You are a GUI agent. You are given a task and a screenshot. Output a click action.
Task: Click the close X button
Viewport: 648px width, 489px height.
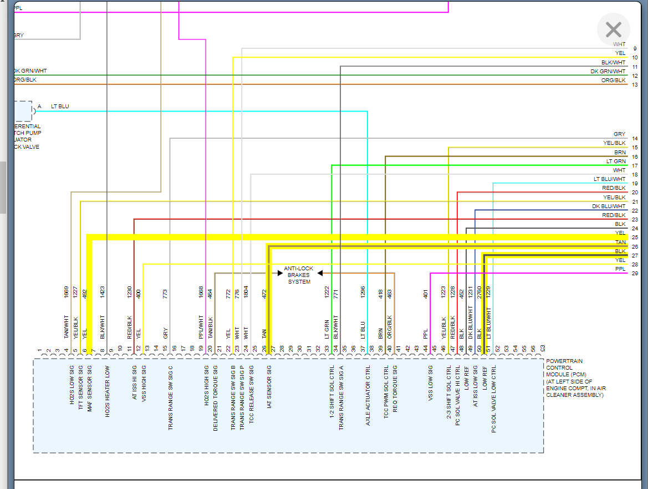coord(613,29)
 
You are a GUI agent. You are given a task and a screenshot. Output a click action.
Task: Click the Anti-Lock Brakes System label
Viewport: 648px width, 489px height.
coord(299,275)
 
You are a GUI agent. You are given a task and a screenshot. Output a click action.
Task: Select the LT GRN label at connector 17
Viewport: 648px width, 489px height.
coord(616,161)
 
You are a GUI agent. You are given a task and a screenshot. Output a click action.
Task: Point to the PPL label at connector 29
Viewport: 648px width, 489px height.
coord(620,269)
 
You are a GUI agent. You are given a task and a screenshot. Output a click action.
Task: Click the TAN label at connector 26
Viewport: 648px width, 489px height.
coord(620,242)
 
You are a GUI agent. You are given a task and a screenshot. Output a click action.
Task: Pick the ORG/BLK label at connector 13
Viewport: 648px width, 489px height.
coord(613,80)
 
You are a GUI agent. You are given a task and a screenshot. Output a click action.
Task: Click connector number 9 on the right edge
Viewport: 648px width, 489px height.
coord(635,49)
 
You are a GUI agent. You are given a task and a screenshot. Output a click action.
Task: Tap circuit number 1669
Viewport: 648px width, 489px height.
coord(67,293)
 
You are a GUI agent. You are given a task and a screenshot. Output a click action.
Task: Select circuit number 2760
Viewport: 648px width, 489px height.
coord(479,293)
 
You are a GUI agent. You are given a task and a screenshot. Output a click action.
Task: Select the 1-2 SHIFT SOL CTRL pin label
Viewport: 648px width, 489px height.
coord(331,391)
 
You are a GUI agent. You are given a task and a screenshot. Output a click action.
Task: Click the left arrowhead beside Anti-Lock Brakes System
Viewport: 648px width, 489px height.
coord(280,273)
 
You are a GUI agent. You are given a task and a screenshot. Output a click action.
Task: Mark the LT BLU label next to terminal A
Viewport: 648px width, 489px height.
coord(60,106)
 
